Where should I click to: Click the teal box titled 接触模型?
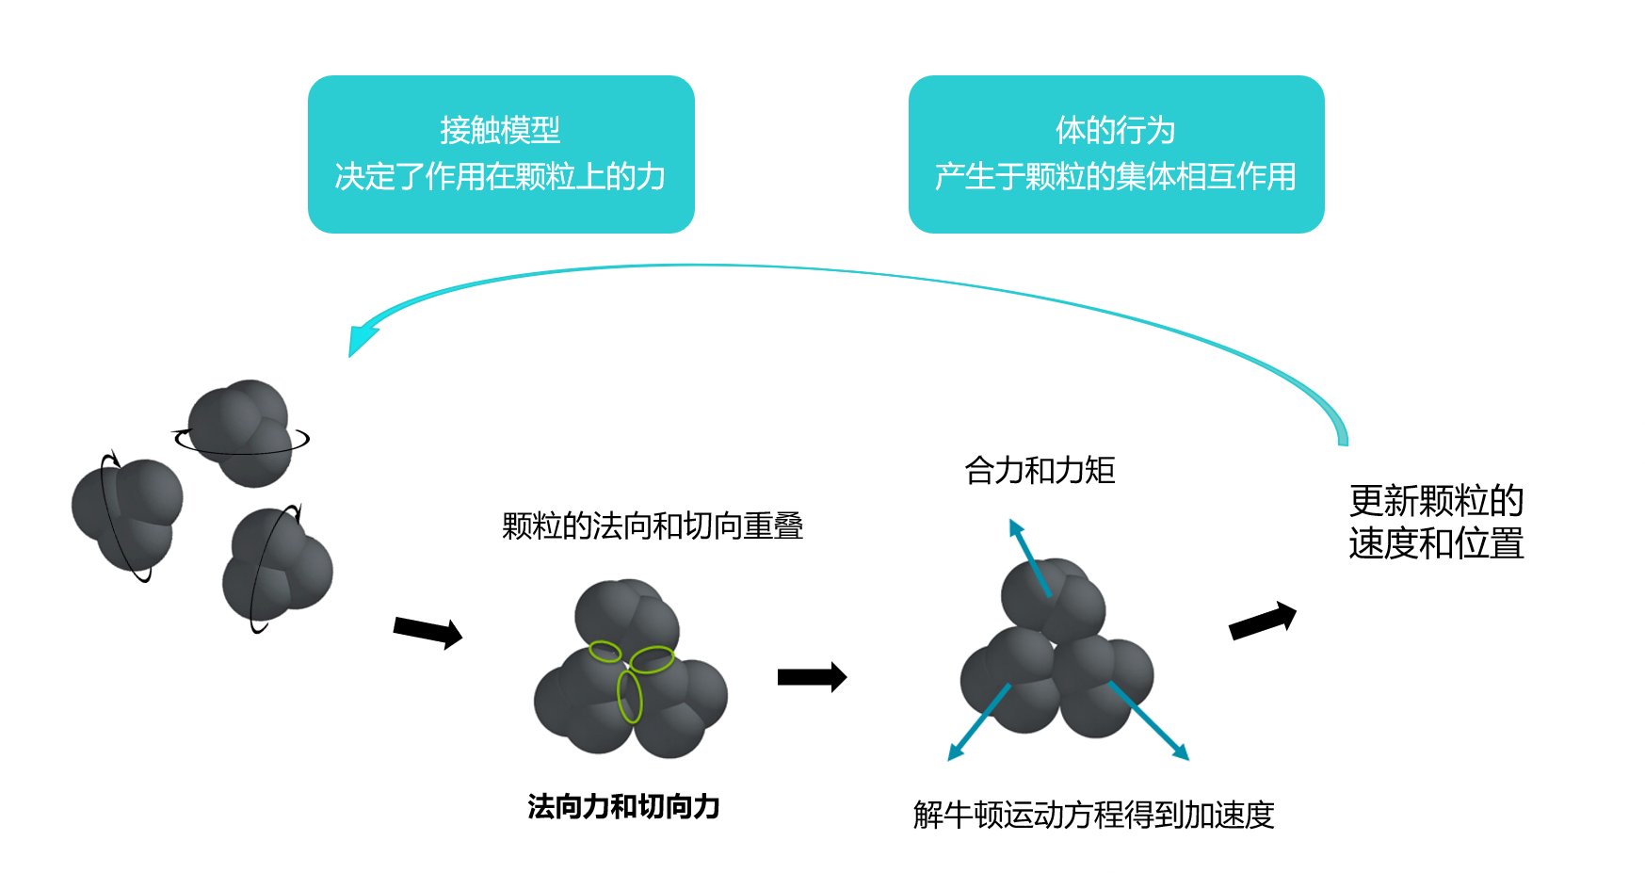pos(501,154)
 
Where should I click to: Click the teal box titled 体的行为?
pos(1116,154)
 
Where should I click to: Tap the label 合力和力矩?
pos(1040,470)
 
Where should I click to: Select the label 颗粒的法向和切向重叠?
pos(653,525)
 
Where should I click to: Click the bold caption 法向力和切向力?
pos(623,807)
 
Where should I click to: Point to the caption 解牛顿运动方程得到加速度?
pos(1093,815)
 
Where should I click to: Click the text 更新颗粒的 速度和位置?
pos(1436,522)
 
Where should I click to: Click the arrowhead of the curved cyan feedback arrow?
pos(360,338)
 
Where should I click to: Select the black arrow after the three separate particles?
pos(427,632)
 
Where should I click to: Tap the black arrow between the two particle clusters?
pos(812,676)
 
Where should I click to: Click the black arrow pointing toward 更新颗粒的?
pos(1263,622)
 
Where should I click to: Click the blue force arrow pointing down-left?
pos(977,723)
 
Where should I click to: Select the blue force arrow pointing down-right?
pos(1151,722)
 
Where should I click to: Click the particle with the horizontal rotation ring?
pos(241,432)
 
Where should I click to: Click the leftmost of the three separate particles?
pos(126,513)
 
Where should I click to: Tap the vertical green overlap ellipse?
pos(629,698)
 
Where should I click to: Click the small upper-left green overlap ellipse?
pos(605,651)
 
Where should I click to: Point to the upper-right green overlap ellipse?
pos(652,659)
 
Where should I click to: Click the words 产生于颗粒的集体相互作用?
pos(1116,176)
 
